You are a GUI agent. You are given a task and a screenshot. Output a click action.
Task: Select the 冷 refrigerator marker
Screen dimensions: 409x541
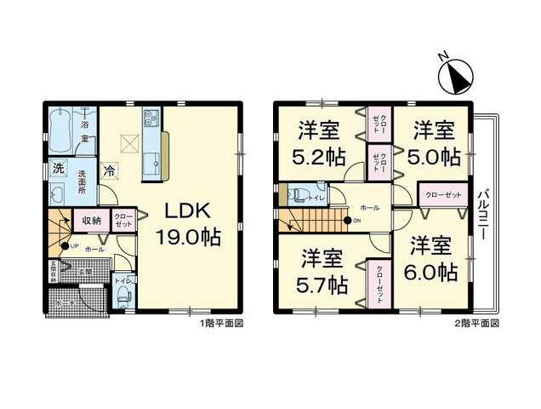coord(111,170)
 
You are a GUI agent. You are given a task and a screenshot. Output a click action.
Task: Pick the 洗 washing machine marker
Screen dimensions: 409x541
coord(58,169)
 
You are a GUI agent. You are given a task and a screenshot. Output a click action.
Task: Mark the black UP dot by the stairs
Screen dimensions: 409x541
coord(65,246)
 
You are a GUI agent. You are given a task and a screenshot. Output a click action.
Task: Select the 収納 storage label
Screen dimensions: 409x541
coord(92,221)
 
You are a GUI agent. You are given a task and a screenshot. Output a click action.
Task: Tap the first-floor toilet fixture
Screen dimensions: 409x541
coord(122,295)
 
